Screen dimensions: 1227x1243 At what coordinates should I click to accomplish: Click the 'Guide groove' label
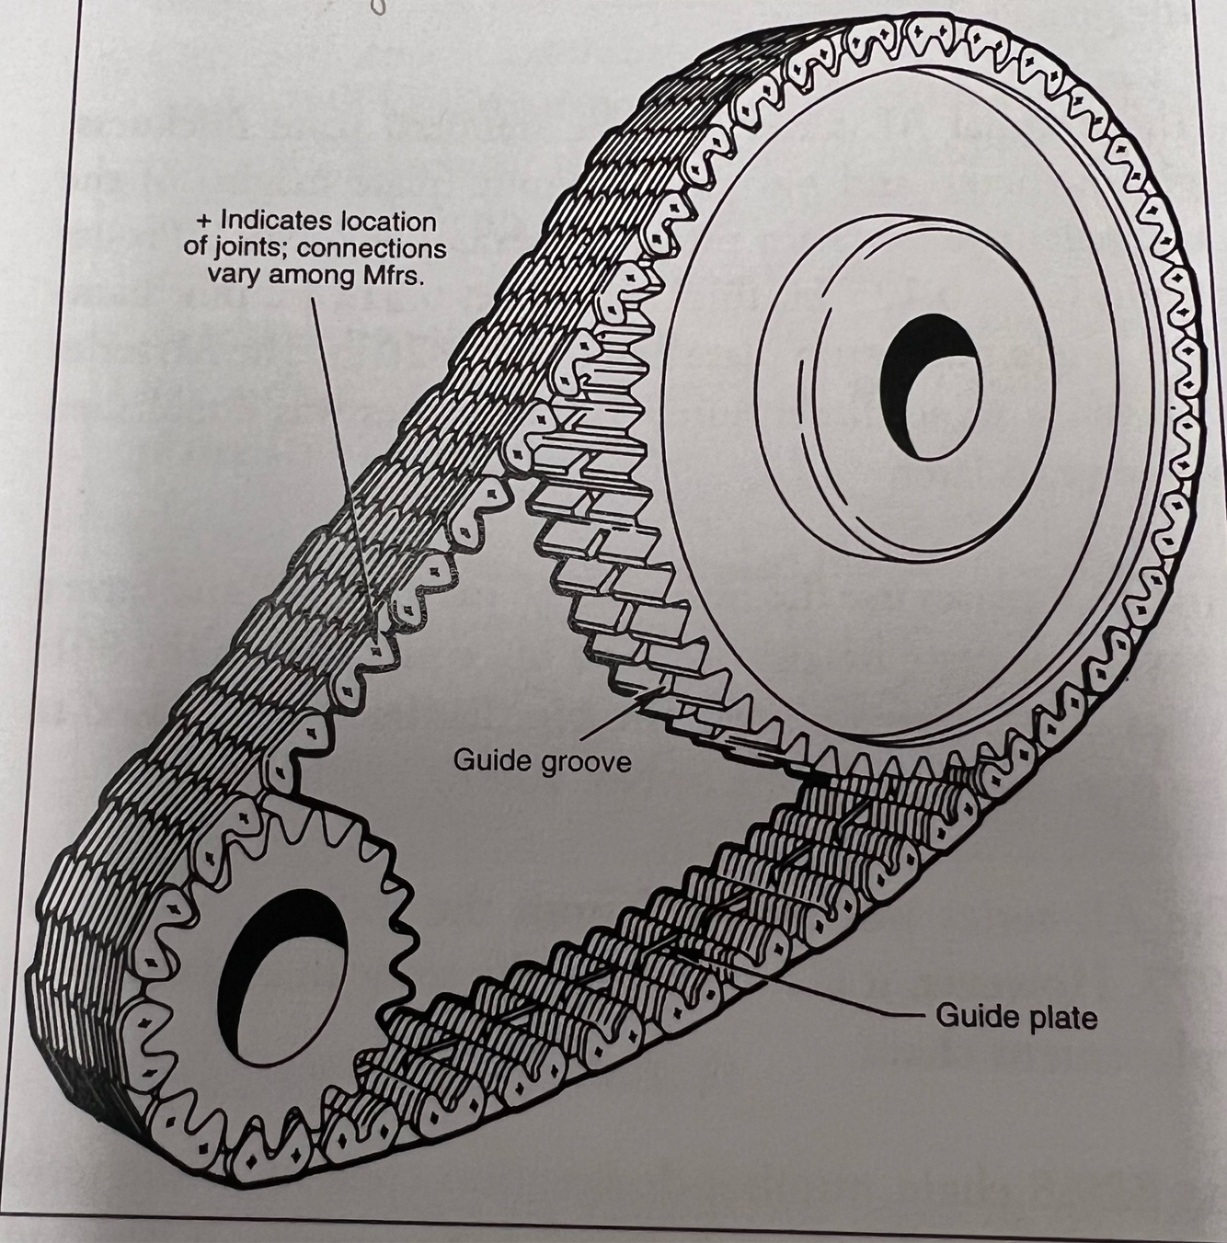coord(542,762)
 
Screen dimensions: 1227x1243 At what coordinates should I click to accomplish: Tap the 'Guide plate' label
coord(1015,1018)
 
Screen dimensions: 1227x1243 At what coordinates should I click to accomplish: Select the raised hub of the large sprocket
coord(903,387)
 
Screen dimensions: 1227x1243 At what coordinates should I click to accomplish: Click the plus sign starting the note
coord(204,222)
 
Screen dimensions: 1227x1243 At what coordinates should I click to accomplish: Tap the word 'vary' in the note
coord(234,278)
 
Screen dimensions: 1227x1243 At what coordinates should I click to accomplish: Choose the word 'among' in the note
coord(307,278)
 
